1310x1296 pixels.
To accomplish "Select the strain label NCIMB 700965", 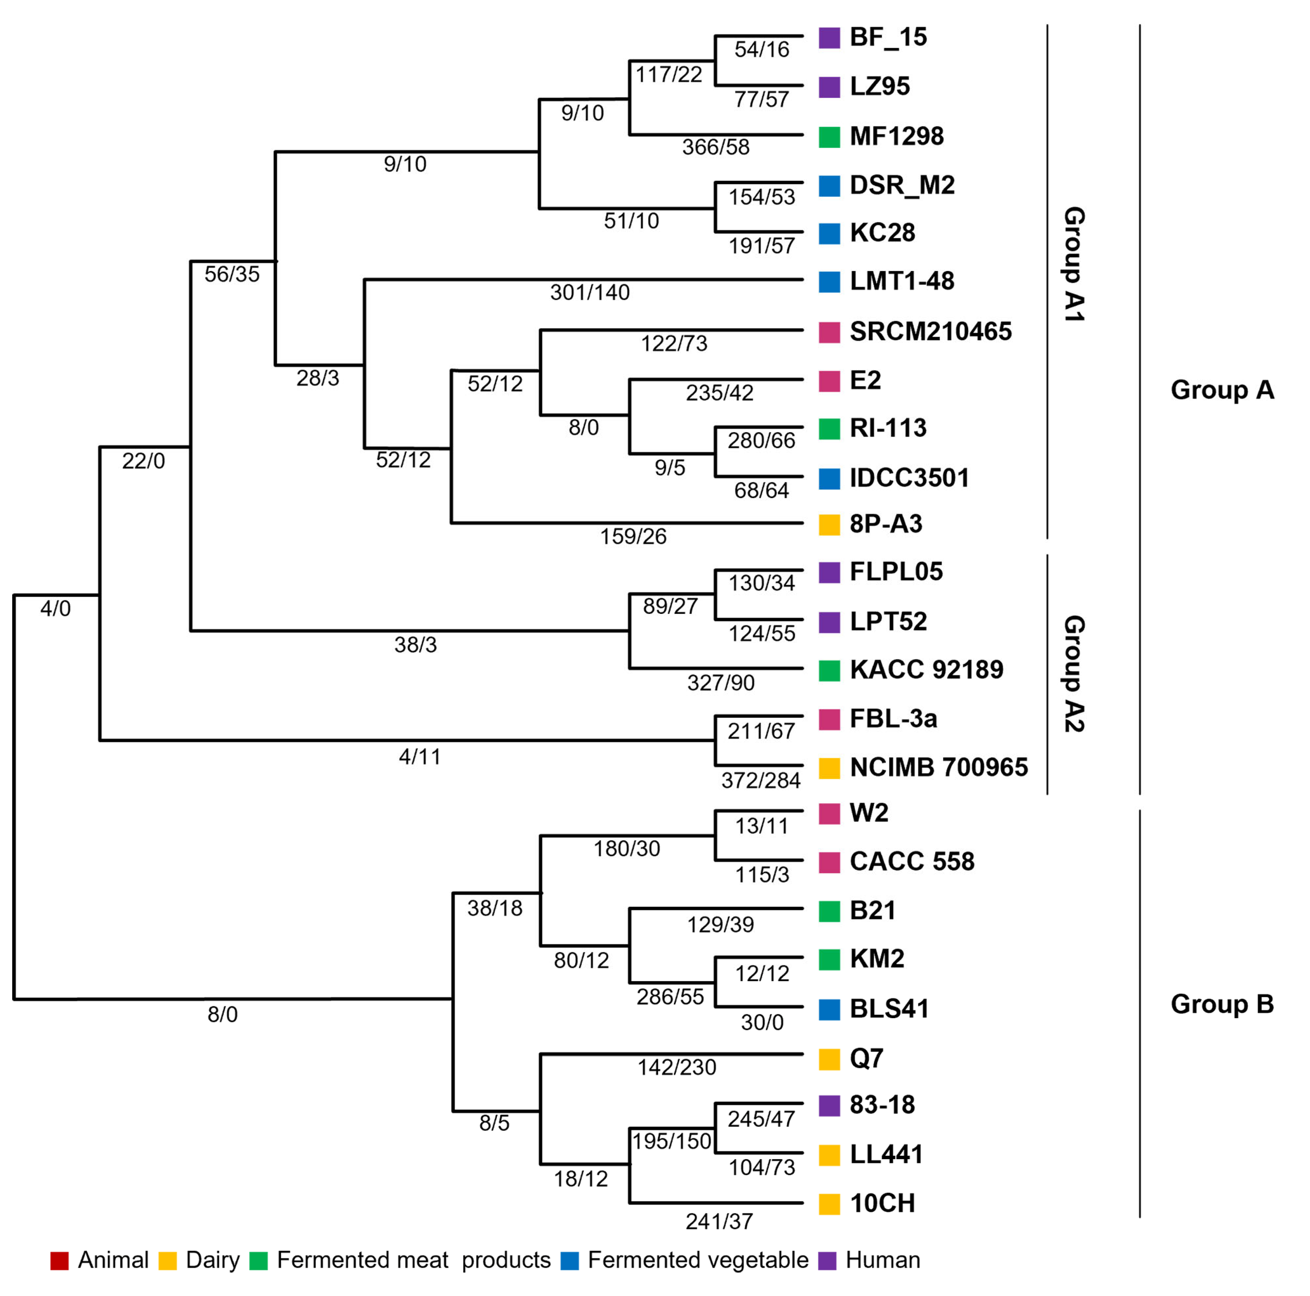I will coord(939,767).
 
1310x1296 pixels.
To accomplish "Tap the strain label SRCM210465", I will coord(930,332).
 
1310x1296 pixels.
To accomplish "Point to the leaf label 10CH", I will coord(882,1203).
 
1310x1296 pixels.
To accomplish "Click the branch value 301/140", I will coord(590,293).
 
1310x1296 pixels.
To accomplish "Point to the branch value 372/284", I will coord(761,780).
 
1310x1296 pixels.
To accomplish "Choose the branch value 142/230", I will coord(677,1067).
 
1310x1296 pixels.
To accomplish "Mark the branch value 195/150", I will coord(671,1141).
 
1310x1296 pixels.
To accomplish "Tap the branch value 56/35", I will coord(232,274).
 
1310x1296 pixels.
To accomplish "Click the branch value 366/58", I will coord(716,147).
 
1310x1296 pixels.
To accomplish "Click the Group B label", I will coord(1222,1003).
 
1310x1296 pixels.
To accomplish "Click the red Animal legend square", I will coord(60,1260).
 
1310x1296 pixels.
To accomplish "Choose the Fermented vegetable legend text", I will coord(698,1260).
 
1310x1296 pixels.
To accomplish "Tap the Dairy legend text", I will coord(212,1260).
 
